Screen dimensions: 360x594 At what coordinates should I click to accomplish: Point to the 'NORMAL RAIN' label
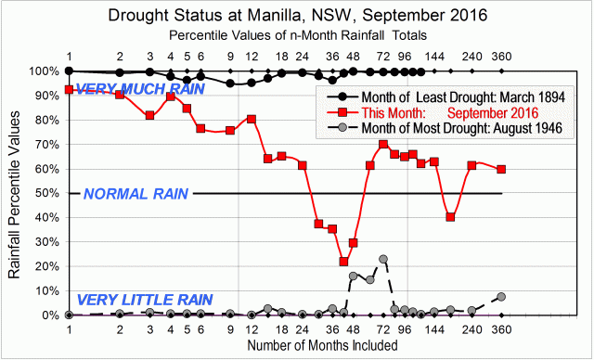click(x=136, y=194)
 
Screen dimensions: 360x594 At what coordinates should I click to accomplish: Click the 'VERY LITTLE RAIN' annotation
click(x=144, y=300)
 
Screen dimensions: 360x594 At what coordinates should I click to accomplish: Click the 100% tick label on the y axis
click(x=44, y=71)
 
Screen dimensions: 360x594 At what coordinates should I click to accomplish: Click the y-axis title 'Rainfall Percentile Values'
click(x=15, y=193)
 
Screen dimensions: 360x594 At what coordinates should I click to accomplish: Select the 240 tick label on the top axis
click(x=472, y=55)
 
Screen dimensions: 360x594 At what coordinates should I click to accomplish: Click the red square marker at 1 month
click(x=69, y=90)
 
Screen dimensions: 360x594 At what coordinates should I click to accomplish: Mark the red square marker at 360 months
click(x=502, y=169)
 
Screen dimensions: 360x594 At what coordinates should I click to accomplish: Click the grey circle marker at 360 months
click(x=502, y=297)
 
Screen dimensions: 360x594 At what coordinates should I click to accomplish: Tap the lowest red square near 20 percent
click(x=343, y=262)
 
